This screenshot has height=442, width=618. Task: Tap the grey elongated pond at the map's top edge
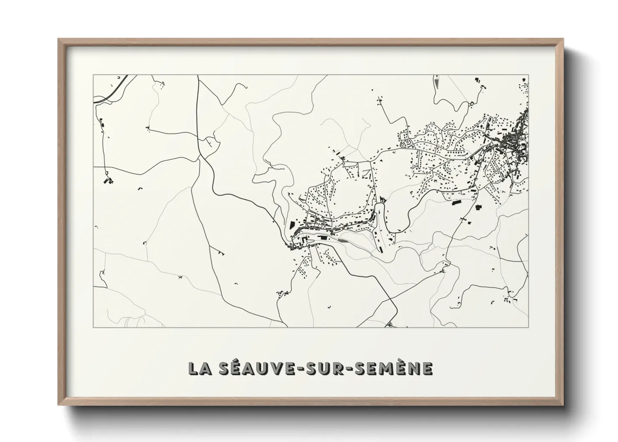point(437,82)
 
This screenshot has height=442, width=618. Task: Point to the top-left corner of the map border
point(93,75)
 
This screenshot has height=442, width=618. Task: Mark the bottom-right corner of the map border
point(529,327)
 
